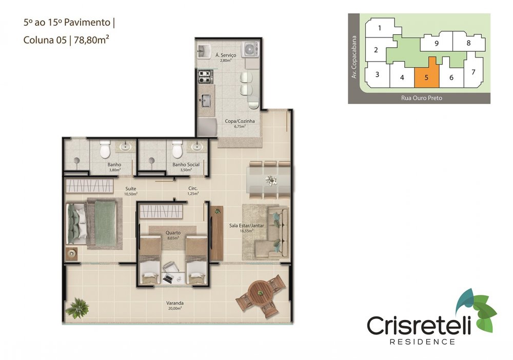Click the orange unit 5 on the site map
427,76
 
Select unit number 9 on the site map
437,43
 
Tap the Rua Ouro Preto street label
421,98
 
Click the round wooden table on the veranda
261,292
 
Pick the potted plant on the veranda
77,308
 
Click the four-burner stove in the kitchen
205,76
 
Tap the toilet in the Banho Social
177,149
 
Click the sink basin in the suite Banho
125,147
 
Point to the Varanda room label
175,303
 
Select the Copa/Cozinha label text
240,121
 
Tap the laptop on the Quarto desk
168,279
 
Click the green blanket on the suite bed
105,223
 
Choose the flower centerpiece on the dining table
271,180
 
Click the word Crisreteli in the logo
419,325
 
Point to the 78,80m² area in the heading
91,40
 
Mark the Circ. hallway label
193,188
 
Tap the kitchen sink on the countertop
206,100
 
